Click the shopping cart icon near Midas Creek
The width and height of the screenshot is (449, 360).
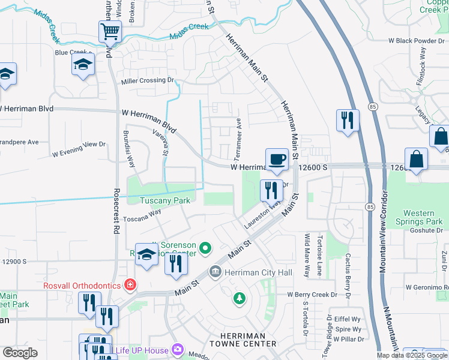click(x=110, y=31)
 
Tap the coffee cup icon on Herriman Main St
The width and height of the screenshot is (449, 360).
click(x=277, y=160)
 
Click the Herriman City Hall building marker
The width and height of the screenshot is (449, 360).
click(x=215, y=272)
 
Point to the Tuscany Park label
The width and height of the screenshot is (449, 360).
click(x=164, y=200)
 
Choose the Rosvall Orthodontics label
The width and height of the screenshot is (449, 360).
click(x=82, y=286)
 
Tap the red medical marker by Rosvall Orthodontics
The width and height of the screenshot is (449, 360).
click(x=130, y=284)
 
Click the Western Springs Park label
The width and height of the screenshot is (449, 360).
click(x=423, y=217)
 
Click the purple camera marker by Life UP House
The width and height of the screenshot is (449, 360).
click(x=177, y=349)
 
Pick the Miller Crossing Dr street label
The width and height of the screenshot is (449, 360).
click(x=147, y=80)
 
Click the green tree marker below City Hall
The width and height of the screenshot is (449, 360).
click(x=240, y=298)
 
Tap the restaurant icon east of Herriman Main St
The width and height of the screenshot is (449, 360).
click(x=348, y=121)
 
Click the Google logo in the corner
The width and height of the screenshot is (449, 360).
click(x=20, y=353)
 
